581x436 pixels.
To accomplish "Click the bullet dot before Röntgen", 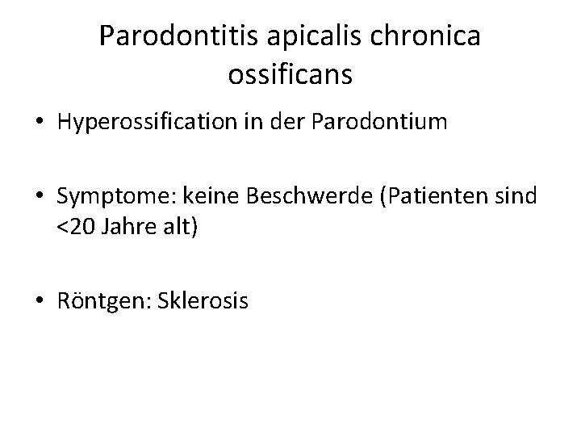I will pos(40,303).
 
